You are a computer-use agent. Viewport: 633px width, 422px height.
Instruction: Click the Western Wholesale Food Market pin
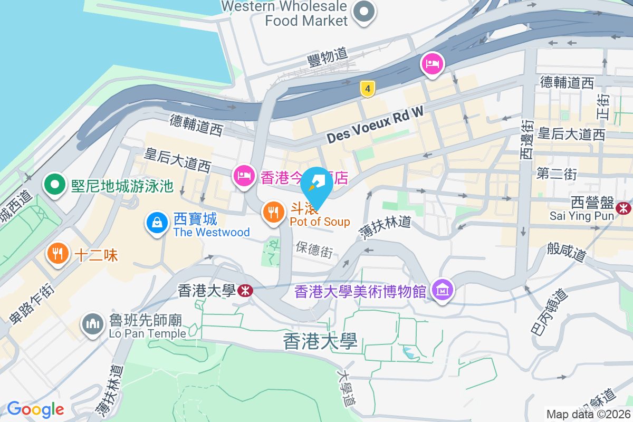tap(363, 12)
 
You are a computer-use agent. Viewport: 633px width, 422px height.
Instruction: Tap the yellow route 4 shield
tap(368, 89)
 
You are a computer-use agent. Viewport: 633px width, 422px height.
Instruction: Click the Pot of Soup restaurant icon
tap(273, 212)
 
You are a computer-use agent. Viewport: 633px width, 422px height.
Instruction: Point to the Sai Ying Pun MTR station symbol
tap(625, 208)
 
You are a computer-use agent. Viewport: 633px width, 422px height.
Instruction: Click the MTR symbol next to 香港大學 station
tap(244, 290)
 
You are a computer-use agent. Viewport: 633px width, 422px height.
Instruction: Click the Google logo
tap(35, 409)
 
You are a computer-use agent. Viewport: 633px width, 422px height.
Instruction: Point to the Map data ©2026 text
tap(588, 414)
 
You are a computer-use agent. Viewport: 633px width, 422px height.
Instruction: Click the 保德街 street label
tap(314, 249)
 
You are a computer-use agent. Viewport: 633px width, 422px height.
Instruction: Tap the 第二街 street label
tap(557, 174)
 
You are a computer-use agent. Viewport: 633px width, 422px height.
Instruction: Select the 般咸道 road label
tap(567, 251)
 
